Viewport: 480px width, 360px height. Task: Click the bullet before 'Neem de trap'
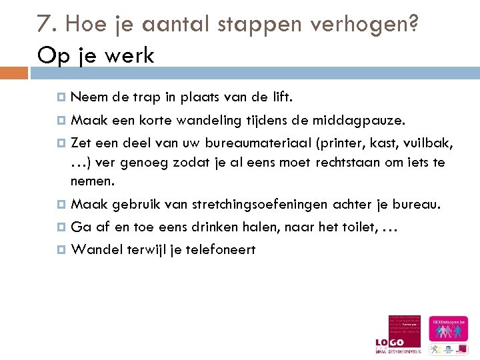62,97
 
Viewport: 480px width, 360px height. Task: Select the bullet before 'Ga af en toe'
62,227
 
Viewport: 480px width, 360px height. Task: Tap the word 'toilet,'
357,227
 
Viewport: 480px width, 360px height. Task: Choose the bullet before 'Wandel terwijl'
62,250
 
